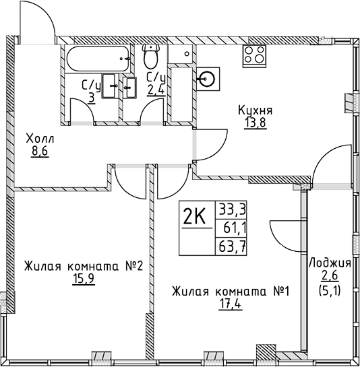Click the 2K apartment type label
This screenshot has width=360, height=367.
point(195,218)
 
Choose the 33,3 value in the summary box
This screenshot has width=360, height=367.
point(231,209)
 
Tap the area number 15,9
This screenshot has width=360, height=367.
point(82,277)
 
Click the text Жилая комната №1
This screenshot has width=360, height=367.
point(230,292)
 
